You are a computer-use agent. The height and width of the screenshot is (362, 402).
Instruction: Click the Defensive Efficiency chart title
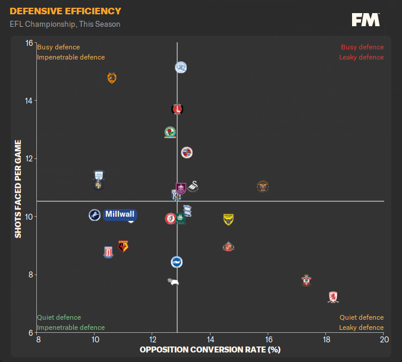click(x=65, y=11)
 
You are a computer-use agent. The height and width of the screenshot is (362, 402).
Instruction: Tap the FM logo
click(x=366, y=20)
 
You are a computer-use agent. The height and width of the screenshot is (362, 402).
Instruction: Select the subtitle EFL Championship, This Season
click(x=65, y=24)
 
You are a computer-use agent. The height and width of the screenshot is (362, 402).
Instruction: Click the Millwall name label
click(x=120, y=214)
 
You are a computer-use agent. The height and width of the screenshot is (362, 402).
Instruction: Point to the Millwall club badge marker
click(x=95, y=215)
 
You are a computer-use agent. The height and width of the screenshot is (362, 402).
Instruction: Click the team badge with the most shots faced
click(x=181, y=67)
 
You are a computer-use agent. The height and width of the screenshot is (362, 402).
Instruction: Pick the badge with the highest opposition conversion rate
click(x=333, y=297)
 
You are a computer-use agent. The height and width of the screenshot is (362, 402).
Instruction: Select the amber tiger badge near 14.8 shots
click(x=111, y=78)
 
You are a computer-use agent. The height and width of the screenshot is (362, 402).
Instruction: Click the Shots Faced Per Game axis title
click(x=18, y=189)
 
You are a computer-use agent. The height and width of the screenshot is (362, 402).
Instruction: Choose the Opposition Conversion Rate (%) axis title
click(x=210, y=349)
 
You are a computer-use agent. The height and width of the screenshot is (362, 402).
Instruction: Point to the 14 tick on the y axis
click(x=29, y=101)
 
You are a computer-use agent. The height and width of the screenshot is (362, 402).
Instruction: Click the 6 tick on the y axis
click(x=30, y=332)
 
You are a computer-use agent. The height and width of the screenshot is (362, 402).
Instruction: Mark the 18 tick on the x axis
click(x=326, y=340)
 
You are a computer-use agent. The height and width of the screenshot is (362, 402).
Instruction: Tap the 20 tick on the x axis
click(x=384, y=340)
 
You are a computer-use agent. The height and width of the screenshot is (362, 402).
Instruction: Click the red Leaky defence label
click(x=362, y=57)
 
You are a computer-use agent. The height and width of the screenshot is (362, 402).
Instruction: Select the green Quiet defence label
click(x=59, y=317)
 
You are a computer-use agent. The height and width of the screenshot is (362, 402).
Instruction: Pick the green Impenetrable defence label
click(x=71, y=327)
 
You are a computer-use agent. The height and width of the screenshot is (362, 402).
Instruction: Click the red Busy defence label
click(x=362, y=47)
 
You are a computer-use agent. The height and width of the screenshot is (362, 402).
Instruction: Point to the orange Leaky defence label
click(x=362, y=327)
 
